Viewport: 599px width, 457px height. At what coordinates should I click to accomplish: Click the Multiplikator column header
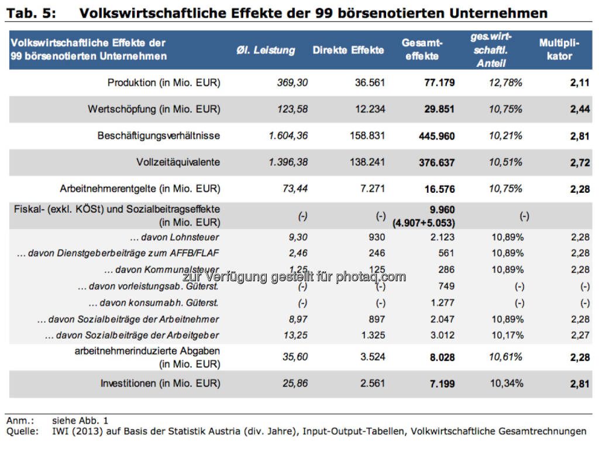point(559,50)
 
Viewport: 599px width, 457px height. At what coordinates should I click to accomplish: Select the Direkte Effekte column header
point(348,50)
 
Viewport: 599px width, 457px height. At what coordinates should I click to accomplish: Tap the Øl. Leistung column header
point(266,50)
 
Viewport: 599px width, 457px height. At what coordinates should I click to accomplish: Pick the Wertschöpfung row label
point(154,109)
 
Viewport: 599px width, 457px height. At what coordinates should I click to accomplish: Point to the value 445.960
point(436,136)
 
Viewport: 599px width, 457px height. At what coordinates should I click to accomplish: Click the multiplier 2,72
point(580,162)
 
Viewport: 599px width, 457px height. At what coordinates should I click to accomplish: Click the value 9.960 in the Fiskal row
point(442,210)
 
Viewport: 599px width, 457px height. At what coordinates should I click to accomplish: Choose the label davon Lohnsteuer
point(175,237)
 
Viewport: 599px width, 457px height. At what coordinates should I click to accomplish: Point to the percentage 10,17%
point(507,335)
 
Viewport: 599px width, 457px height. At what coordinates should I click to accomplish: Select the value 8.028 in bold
point(442,357)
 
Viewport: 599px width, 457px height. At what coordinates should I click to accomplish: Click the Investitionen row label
point(160,384)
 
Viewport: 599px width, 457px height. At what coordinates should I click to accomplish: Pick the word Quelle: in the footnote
point(22,431)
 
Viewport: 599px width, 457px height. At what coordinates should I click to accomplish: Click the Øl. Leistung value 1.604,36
point(288,136)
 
